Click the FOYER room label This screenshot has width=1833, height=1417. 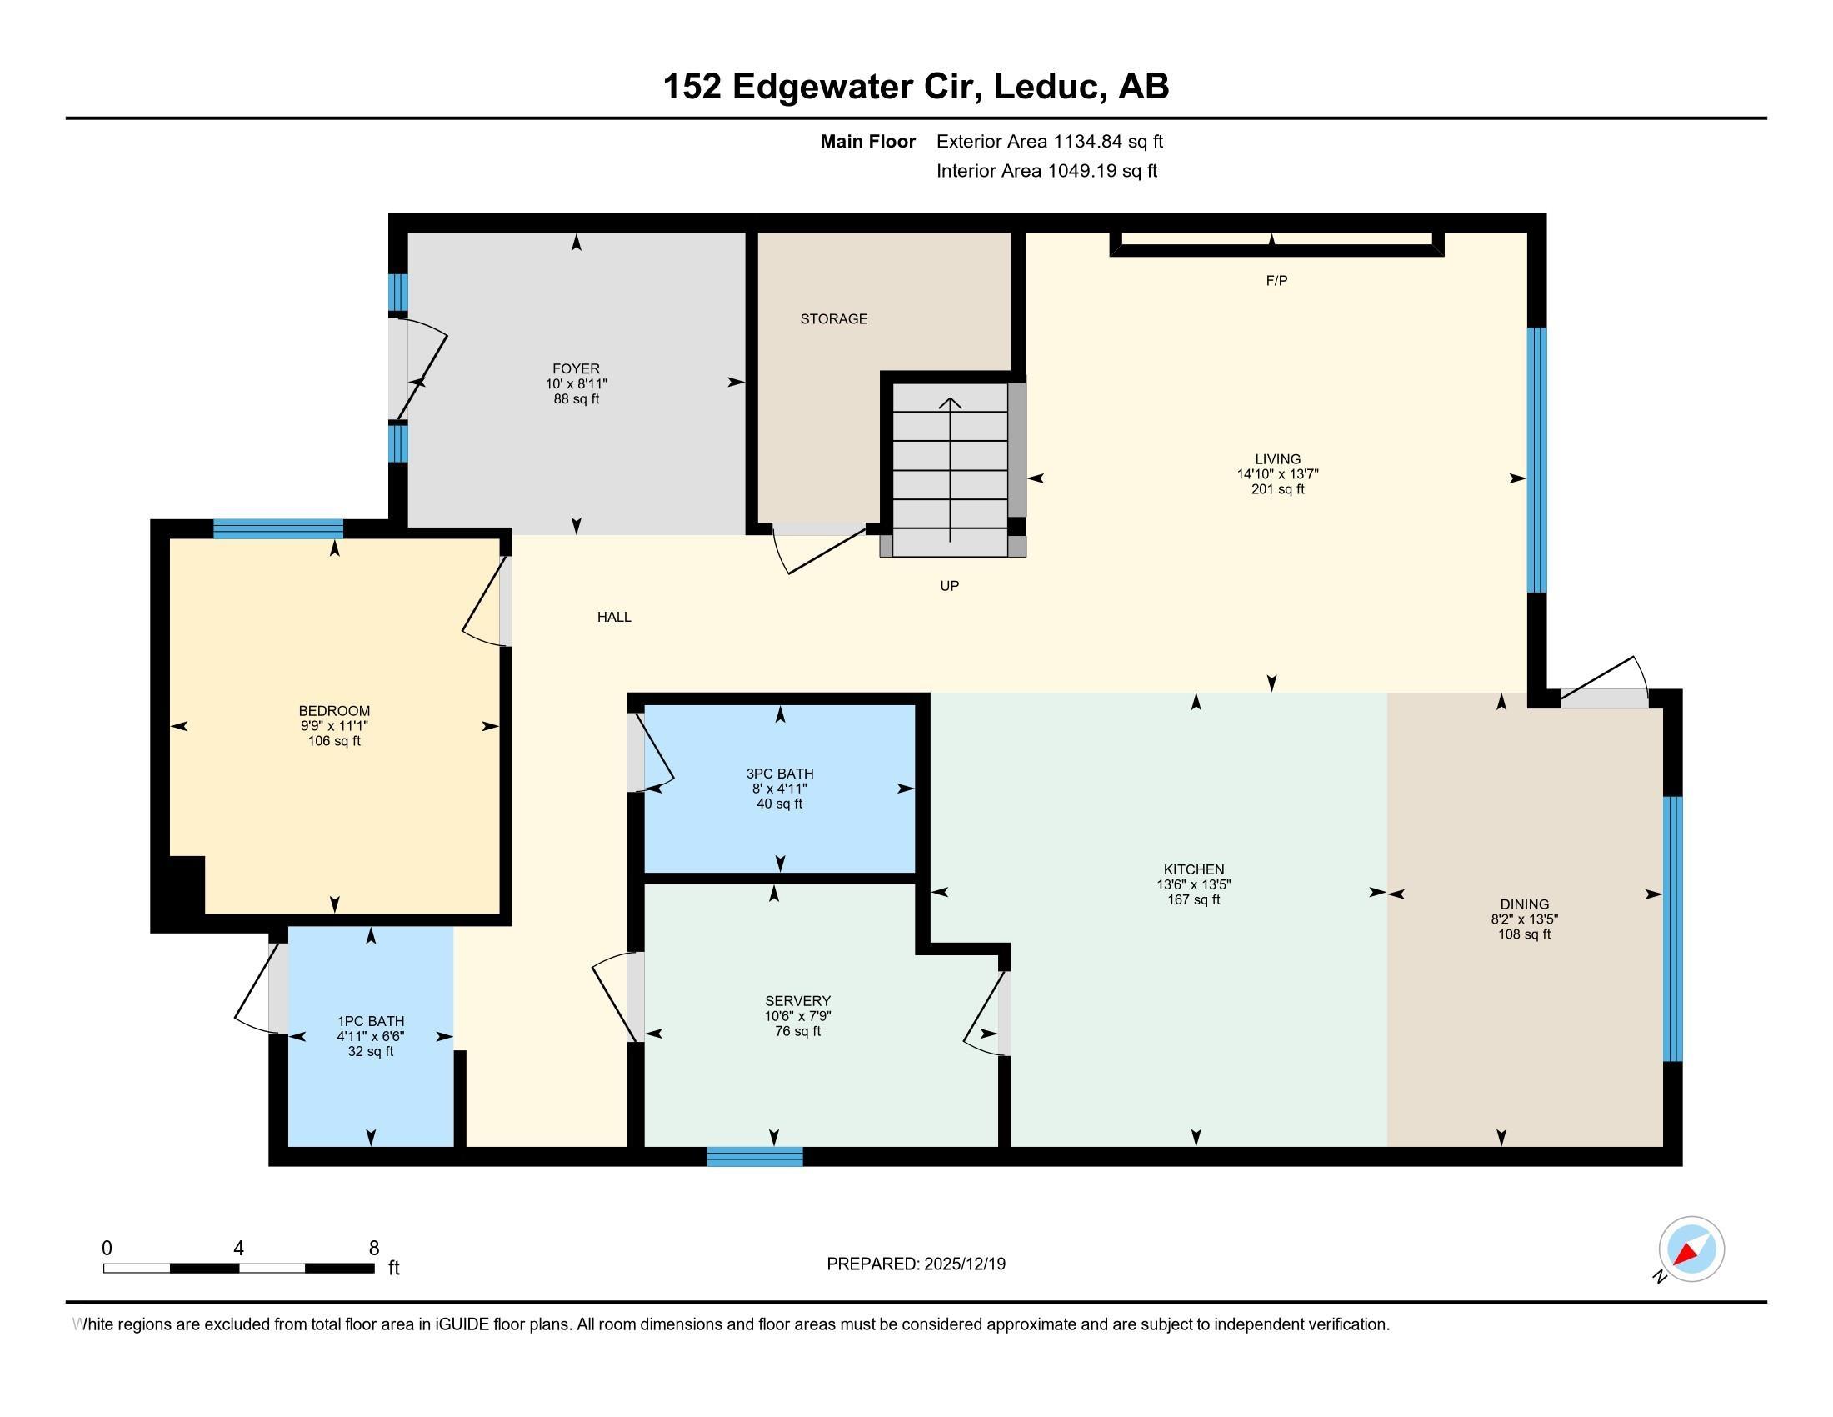(576, 368)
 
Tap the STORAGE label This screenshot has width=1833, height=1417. (833, 319)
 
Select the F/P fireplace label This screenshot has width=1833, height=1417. (1276, 280)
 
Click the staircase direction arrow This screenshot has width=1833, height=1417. (950, 470)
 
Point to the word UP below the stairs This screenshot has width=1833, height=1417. (949, 586)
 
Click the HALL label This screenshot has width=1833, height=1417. (613, 617)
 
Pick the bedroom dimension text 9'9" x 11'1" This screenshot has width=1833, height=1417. (334, 726)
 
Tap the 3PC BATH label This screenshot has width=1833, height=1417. (780, 774)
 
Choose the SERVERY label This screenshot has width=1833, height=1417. (797, 1000)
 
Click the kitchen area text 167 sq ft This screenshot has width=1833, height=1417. (1193, 900)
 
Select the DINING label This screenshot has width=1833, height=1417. (1524, 904)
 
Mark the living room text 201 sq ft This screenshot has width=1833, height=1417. (1277, 489)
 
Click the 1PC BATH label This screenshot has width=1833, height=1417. (370, 1022)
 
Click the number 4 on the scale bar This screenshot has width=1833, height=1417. (238, 1249)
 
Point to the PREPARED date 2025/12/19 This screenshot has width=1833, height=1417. (964, 1264)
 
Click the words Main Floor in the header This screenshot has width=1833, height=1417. (868, 142)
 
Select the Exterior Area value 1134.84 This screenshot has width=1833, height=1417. (1089, 142)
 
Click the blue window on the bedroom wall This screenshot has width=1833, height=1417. (277, 528)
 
